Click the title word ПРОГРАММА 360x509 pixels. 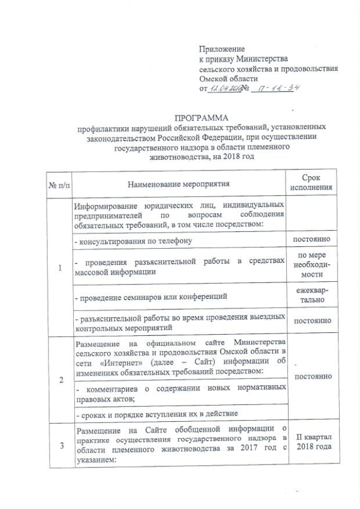[201, 118]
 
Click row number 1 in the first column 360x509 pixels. [59, 268]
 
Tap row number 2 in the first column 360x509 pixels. [59, 380]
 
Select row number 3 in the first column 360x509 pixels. [59, 445]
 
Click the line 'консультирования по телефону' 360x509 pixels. [133, 241]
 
